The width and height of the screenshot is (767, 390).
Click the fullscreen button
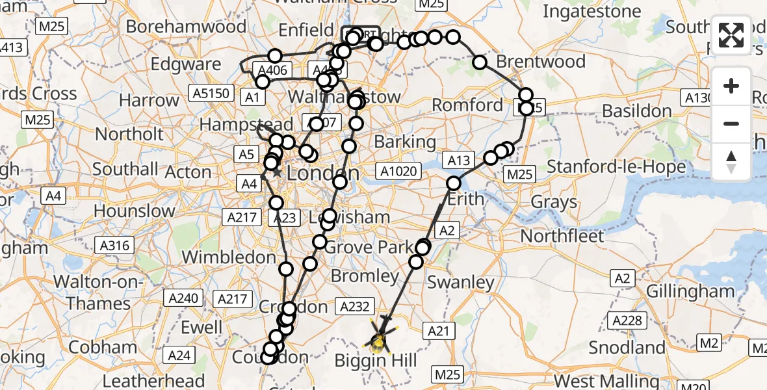pos(731,35)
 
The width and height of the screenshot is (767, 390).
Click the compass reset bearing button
pos(731,162)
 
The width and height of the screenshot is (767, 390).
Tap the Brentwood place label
pos(541,62)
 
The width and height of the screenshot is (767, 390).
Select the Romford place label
pos(467,105)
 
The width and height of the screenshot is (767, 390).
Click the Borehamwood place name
pos(186,27)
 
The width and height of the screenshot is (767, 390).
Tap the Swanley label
pos(461,282)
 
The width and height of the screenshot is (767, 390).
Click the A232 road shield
pos(354,305)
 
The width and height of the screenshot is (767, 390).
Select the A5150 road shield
pos(212,93)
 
